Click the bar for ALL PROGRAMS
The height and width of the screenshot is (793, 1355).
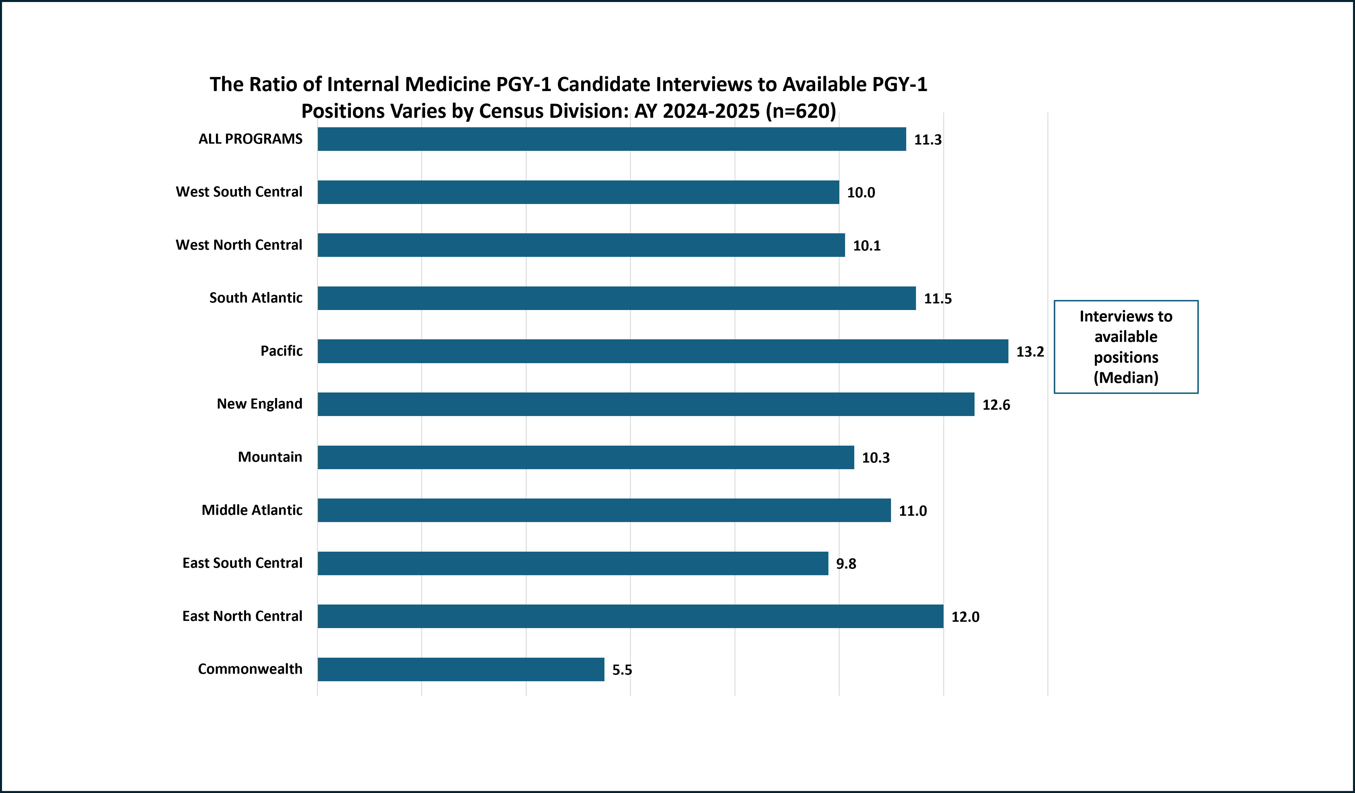pyautogui.click(x=611, y=139)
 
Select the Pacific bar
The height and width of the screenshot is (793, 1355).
pyautogui.click(x=662, y=351)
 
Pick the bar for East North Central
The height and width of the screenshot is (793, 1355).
pyautogui.click(x=630, y=617)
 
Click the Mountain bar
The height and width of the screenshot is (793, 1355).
pyautogui.click(x=585, y=457)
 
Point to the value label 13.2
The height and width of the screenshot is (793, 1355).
pyautogui.click(x=1030, y=352)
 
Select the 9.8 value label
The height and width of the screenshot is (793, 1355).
pyautogui.click(x=846, y=564)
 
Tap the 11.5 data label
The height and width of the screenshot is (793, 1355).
pyautogui.click(x=938, y=299)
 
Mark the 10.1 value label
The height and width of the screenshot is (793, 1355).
pyautogui.click(x=867, y=246)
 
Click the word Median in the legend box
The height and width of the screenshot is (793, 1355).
pyautogui.click(x=1126, y=378)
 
